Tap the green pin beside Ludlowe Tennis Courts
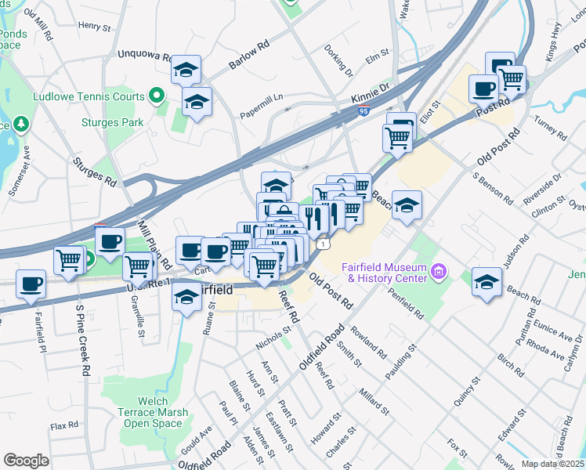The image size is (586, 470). point(156,97)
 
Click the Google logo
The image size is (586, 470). point(26,460)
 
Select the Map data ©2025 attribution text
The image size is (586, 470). point(552,464)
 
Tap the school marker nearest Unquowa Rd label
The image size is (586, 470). point(186,70)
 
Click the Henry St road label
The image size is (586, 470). point(95,26)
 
